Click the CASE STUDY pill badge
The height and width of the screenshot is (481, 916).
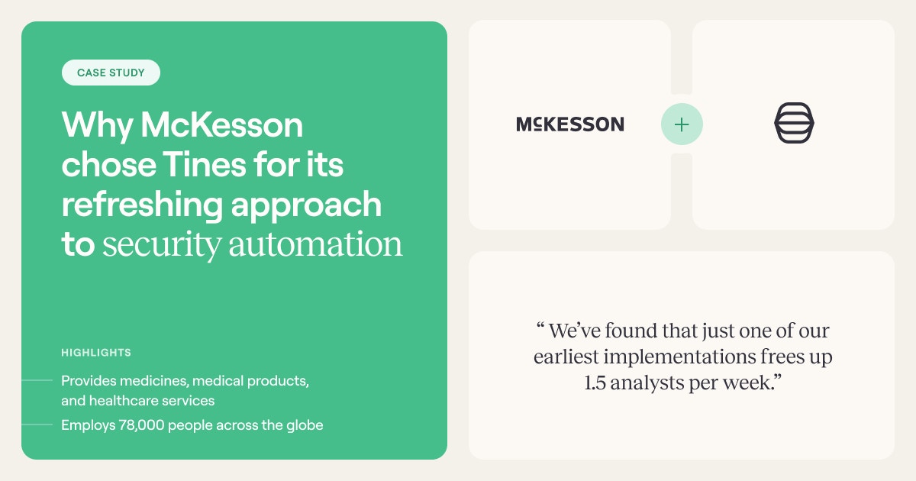click(111, 73)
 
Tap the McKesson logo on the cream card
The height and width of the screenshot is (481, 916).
click(570, 124)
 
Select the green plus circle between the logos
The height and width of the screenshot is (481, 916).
click(682, 124)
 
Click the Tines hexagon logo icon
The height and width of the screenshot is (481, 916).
click(794, 123)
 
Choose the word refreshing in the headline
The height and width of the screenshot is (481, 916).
click(142, 205)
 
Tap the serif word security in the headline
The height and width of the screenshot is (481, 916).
click(162, 245)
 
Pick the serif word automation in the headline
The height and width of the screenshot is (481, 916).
click(315, 244)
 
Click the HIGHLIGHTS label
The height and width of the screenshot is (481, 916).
click(96, 353)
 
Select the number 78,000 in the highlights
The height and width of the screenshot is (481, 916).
click(141, 425)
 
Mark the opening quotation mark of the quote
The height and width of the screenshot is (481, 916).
click(540, 326)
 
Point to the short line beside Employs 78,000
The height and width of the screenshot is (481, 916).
click(37, 425)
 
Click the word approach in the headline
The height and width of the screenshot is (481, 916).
click(306, 205)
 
